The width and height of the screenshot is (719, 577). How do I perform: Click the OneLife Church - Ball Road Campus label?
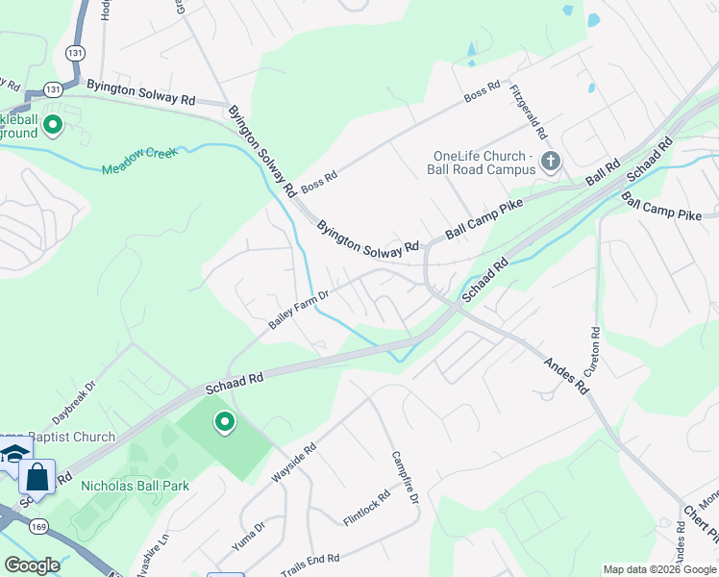tap(483, 163)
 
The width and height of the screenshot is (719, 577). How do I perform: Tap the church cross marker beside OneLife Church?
tap(551, 161)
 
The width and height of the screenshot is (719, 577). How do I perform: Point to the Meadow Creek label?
tap(140, 161)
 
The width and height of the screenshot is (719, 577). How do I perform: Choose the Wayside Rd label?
tap(294, 463)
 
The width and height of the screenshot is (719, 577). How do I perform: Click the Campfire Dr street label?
tap(405, 478)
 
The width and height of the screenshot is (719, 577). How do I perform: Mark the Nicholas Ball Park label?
tap(136, 486)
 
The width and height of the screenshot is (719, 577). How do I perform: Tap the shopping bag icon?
tap(37, 477)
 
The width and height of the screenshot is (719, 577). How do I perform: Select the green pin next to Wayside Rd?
tap(225, 423)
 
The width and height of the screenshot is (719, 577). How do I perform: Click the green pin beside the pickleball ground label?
tap(54, 124)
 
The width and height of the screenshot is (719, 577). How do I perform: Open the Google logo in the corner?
tap(32, 565)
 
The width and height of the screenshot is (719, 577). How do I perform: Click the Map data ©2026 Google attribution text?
tap(659, 569)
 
